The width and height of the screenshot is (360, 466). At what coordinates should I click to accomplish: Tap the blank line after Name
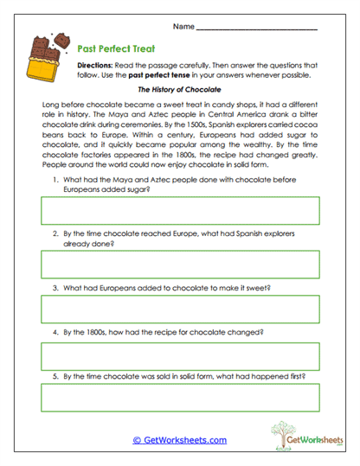pos(257,29)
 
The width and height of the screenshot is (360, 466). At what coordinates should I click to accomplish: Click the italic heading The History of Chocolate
pos(180,89)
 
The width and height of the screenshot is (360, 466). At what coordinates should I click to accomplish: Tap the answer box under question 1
pos(180,210)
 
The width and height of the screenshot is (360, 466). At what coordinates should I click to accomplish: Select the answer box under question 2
pos(180,265)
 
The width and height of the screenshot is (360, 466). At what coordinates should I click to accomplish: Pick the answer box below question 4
pos(180,354)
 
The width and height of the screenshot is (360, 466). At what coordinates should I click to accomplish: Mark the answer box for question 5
pos(180,398)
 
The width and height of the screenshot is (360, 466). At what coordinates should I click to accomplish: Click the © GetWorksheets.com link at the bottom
pos(179,440)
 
